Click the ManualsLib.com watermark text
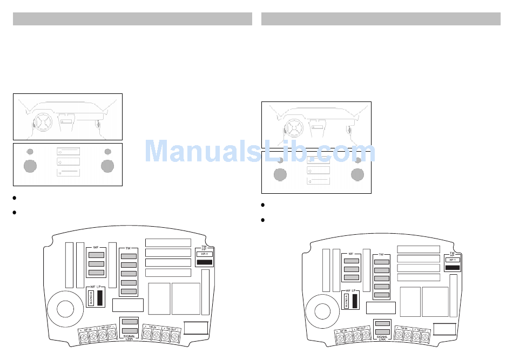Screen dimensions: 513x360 [260, 151]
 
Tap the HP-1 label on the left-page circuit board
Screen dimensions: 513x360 [204, 254]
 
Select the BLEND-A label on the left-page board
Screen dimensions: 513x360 [91, 298]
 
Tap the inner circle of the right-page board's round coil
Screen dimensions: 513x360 [322, 311]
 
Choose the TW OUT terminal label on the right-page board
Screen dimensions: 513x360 [421, 329]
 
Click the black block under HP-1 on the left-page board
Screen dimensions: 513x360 [204, 262]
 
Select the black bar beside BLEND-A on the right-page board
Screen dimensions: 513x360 [354, 301]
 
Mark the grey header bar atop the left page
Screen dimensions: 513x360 [132, 19]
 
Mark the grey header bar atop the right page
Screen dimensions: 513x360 [381, 19]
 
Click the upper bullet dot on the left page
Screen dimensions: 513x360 [16, 198]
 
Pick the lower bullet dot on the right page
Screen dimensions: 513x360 [263, 220]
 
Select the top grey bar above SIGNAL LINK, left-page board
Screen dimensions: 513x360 [129, 322]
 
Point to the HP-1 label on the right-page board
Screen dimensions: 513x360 [452, 260]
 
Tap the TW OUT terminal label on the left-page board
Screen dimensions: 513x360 [171, 328]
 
